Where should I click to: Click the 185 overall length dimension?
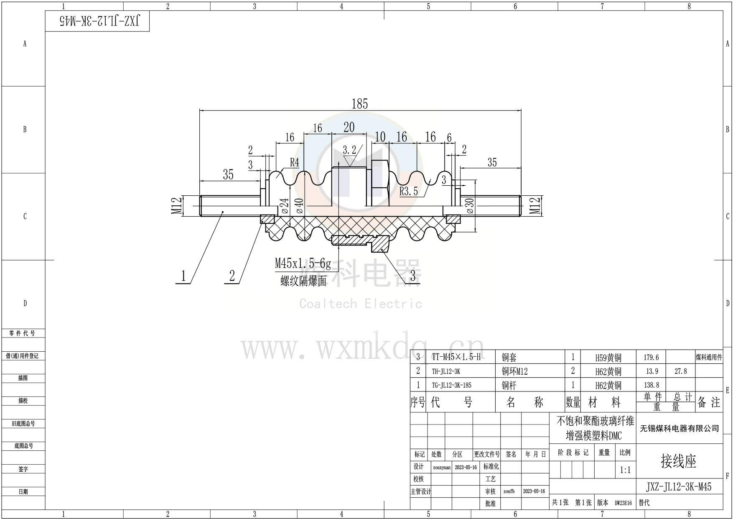pos(359,104)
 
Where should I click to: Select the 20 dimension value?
pos(349,127)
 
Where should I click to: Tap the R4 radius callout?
pos(295,162)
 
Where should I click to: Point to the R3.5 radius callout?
pos(409,192)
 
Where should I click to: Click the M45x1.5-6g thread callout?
pos(303,263)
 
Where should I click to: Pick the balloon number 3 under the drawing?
pos(413,276)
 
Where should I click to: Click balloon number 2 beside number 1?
pos(232,276)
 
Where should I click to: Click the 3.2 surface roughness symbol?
pos(349,151)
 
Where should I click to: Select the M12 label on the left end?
pos(177,206)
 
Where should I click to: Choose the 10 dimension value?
pos(380,137)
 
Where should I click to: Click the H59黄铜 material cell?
pos(608,358)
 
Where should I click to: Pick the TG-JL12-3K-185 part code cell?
pos(451,385)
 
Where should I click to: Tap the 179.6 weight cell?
pos(651,358)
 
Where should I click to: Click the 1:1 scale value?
pos(625,470)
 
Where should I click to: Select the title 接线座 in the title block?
pos(679,461)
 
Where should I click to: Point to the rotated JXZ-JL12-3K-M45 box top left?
pos(97,21)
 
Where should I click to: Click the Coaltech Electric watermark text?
pos(360,304)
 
